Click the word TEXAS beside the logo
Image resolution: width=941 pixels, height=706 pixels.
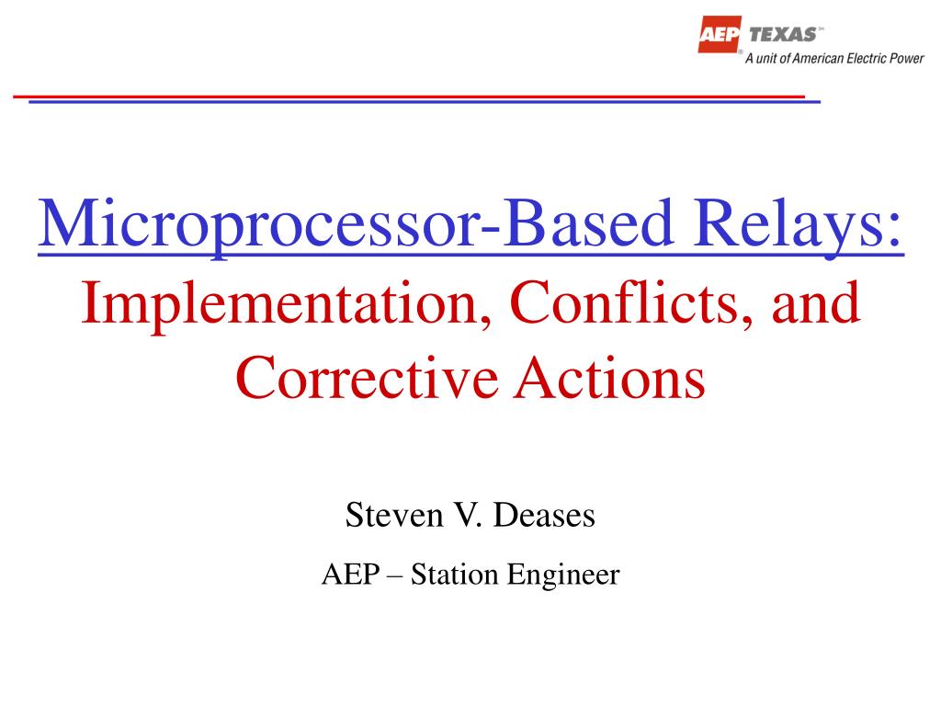click(x=783, y=34)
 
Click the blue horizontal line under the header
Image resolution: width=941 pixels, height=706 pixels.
click(x=423, y=101)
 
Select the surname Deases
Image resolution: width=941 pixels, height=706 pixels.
click(x=544, y=516)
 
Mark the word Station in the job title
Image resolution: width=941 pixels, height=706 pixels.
click(x=449, y=575)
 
